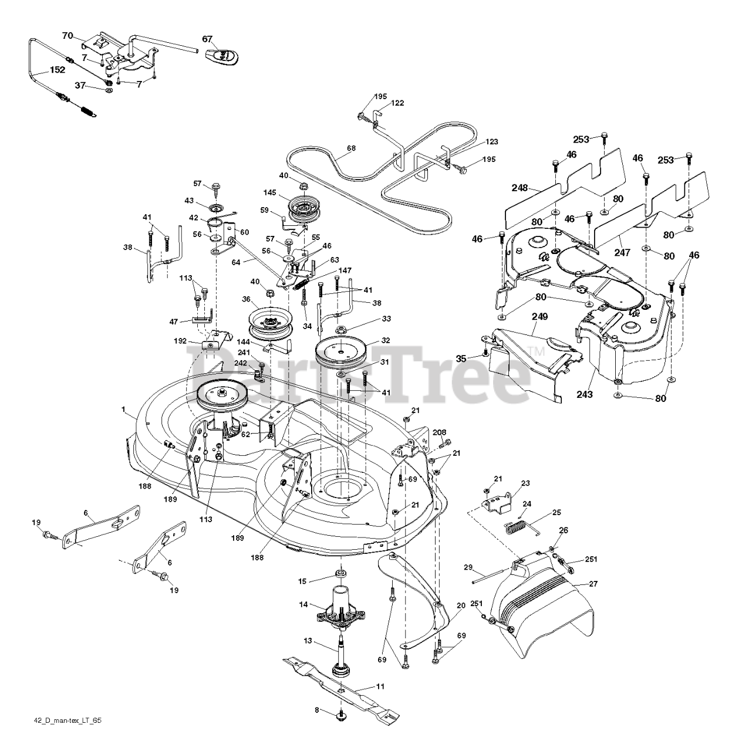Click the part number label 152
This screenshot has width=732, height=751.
[57, 70]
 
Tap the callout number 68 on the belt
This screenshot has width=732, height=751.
[351, 148]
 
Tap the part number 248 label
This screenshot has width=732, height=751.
[520, 189]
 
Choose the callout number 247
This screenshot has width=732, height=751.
[622, 253]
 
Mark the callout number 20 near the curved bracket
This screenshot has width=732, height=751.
[460, 605]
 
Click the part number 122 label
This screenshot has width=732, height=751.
[397, 103]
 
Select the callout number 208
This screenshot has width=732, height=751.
[439, 432]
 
